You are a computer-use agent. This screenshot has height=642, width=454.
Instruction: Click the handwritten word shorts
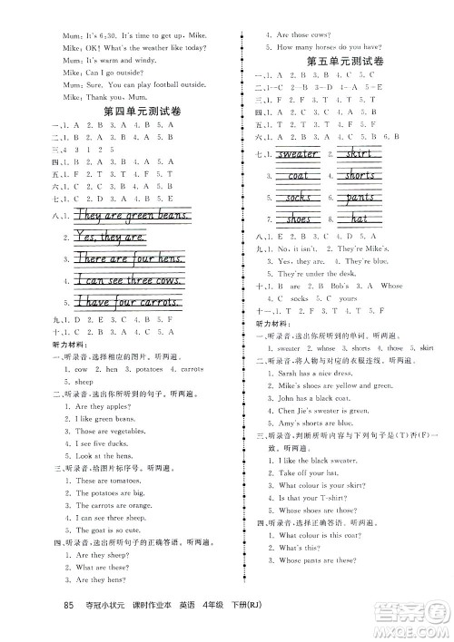[x=360, y=175]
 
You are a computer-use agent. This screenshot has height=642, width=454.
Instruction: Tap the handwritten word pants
[x=360, y=197]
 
